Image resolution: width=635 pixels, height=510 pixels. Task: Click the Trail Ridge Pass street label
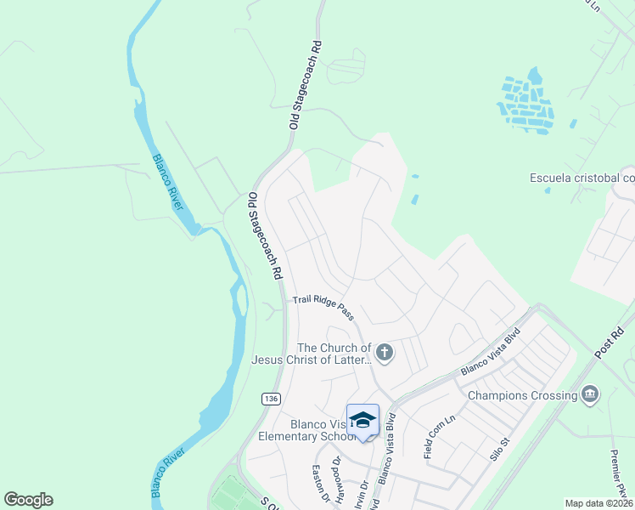323,308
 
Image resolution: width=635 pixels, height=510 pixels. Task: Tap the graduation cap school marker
362,420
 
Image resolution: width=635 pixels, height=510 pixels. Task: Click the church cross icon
385,352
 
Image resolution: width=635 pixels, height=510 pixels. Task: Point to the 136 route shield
270,398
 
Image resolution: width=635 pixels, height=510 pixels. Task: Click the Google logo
28,500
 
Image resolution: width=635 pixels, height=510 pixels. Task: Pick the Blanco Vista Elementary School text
301,430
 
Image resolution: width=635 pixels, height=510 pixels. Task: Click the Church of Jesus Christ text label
312,354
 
